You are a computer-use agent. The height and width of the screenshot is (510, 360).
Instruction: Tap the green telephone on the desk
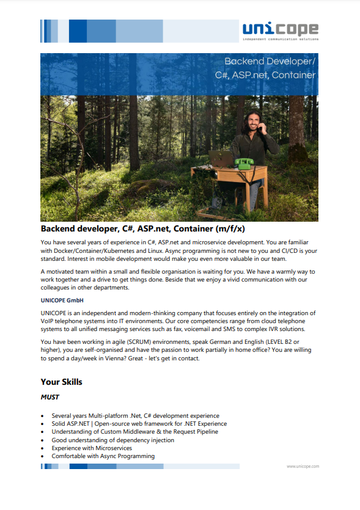pyautogui.click(x=245, y=163)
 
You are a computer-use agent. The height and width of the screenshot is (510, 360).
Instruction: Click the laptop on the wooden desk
pyautogui.click(x=221, y=159)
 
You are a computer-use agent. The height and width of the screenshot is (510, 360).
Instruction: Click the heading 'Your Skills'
pyautogui.click(x=61, y=382)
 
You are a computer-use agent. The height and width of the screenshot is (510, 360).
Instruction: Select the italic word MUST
pyautogui.click(x=50, y=397)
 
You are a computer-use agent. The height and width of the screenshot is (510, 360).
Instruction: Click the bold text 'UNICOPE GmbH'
pyautogui.click(x=62, y=301)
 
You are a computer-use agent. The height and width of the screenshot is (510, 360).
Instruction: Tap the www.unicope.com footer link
pyautogui.click(x=303, y=466)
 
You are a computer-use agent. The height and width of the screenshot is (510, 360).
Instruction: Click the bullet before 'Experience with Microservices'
pyautogui.click(x=42, y=448)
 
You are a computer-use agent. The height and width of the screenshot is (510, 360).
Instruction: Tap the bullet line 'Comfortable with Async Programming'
pyautogui.click(x=103, y=456)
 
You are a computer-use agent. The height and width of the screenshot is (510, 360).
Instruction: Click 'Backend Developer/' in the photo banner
pyautogui.click(x=270, y=62)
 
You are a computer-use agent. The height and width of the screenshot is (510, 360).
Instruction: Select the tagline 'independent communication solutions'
pyautogui.click(x=280, y=38)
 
